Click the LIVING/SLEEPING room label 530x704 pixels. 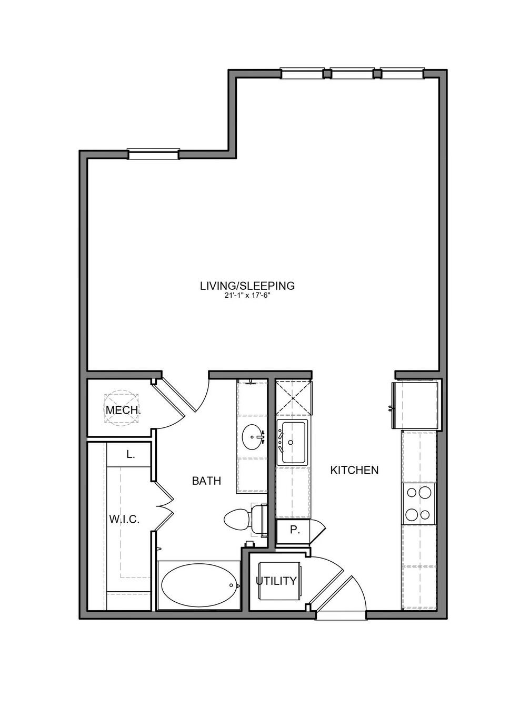pos(247,286)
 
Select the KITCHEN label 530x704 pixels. pos(354,470)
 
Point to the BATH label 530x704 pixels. pos(206,481)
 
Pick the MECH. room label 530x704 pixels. pos(123,410)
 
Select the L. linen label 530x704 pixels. pos(130,454)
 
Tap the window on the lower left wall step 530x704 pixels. pos(153,154)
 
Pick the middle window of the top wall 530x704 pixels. pos(352,73)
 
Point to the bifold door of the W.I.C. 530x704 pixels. pos(164,507)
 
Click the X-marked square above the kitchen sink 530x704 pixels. pos(294,398)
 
